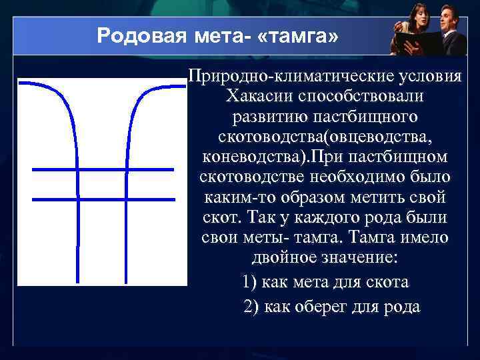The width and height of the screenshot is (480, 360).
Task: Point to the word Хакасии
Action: pos(256,96)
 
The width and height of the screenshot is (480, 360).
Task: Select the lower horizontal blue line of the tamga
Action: pos(103,198)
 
